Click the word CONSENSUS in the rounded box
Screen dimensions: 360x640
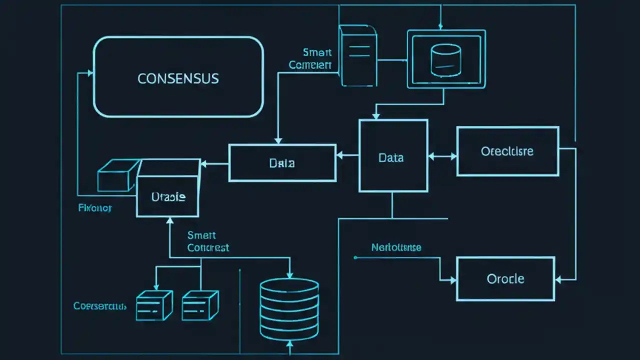[x=178, y=78]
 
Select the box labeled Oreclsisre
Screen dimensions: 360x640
[x=507, y=151]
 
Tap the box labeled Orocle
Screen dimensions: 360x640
[x=505, y=278]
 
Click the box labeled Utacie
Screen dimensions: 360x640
[x=168, y=196]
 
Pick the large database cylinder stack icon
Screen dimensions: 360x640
[x=289, y=309]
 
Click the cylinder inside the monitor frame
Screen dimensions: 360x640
[x=445, y=60]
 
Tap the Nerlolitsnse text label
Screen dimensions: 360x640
[x=396, y=247]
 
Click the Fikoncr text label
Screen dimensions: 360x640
[x=95, y=207]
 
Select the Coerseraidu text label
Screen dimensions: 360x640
[x=100, y=305]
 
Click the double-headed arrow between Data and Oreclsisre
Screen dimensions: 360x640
[x=442, y=156]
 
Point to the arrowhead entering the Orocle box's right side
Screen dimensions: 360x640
[x=559, y=279]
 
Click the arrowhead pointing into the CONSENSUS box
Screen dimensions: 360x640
[x=90, y=73]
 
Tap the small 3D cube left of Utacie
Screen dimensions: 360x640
[x=116, y=175]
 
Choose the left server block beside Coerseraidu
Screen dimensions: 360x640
[x=154, y=305]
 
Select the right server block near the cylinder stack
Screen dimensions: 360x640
[x=200, y=305]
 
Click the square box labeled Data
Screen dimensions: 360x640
[x=393, y=155]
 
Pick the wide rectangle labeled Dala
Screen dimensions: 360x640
[x=282, y=162]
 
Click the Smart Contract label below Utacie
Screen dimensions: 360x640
[x=208, y=241]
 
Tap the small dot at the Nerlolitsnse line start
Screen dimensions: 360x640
[x=355, y=257]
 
